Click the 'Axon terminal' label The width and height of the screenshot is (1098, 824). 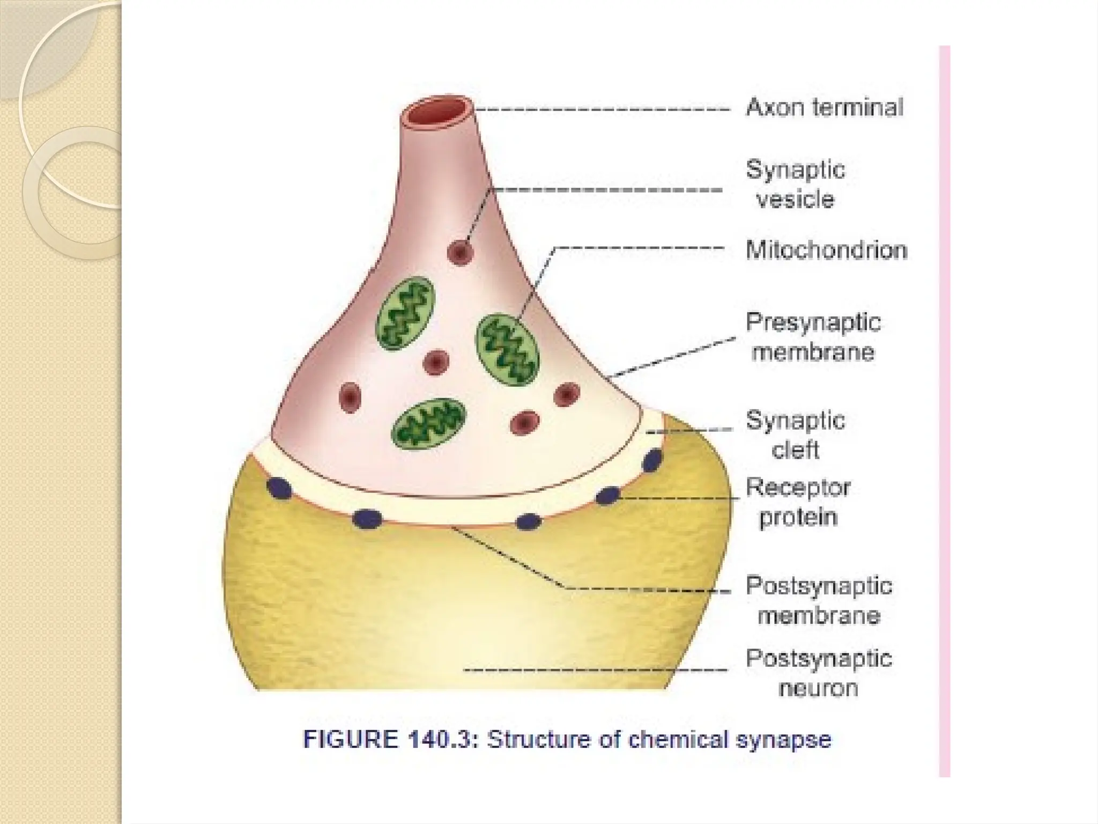pyautogui.click(x=825, y=108)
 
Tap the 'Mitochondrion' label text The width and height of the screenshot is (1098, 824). pyautogui.click(x=826, y=251)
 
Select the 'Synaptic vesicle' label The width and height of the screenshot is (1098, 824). pyautogui.click(x=796, y=185)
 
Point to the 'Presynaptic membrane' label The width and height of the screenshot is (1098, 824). pyautogui.click(x=813, y=337)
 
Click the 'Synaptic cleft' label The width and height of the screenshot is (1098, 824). pyautogui.click(x=796, y=435)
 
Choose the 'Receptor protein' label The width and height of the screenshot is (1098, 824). pyautogui.click(x=798, y=503)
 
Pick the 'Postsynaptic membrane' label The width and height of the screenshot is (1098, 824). pyautogui.click(x=819, y=600)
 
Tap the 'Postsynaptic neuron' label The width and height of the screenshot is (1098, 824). pyautogui.click(x=819, y=673)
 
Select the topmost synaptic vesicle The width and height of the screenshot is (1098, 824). pyautogui.click(x=460, y=252)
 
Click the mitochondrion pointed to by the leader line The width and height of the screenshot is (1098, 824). pyautogui.click(x=507, y=349)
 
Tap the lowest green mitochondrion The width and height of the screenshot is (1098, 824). pyautogui.click(x=429, y=424)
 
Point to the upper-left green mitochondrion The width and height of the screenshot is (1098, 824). pyautogui.click(x=405, y=313)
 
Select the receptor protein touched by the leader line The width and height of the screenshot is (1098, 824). pyautogui.click(x=608, y=496)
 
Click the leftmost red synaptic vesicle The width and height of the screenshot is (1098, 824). pyautogui.click(x=350, y=398)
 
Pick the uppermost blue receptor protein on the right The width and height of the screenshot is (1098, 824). pyautogui.click(x=652, y=461)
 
